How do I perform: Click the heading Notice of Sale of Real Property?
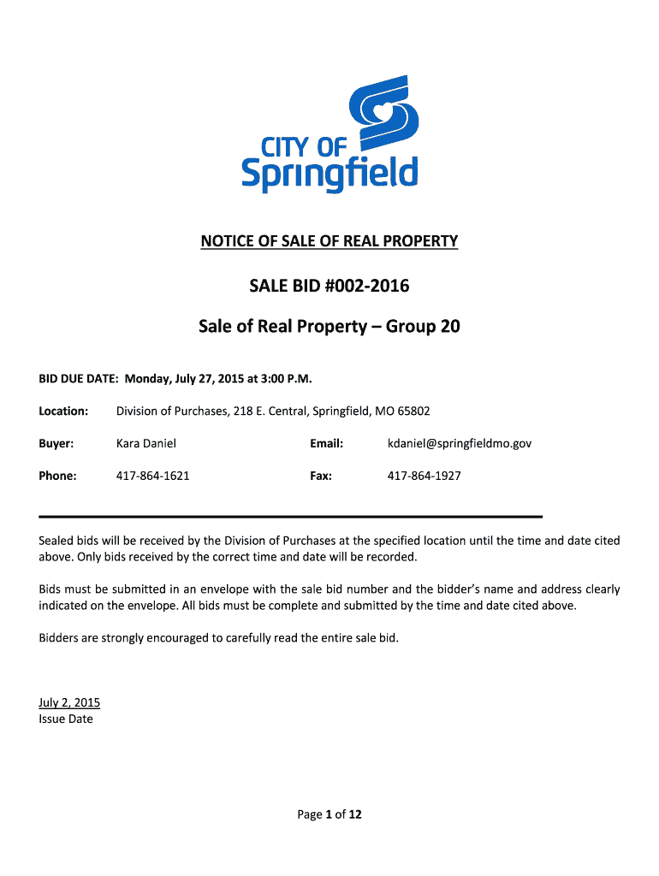click(329, 241)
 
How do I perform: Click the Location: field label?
click(63, 411)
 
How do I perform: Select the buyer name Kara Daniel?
click(146, 444)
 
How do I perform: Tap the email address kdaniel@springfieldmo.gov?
click(460, 444)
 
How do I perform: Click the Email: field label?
click(326, 444)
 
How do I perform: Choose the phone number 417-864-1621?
click(153, 476)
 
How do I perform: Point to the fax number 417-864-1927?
click(424, 476)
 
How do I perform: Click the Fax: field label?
click(321, 476)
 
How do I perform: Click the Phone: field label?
click(58, 476)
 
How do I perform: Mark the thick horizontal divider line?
click(291, 517)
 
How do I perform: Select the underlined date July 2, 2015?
click(69, 703)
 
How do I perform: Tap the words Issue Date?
click(66, 719)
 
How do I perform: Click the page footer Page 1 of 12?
click(329, 814)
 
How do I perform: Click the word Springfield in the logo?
click(329, 174)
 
